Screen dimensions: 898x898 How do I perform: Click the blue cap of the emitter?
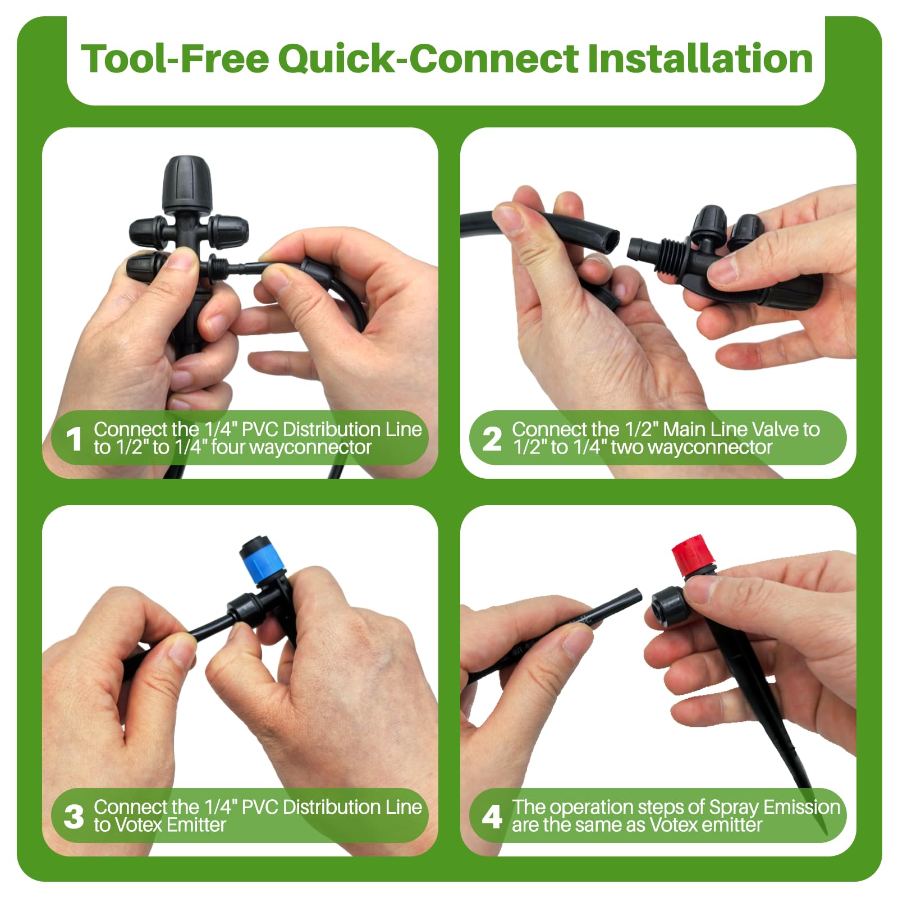tap(259, 561)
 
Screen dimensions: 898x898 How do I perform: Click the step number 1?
tap(74, 439)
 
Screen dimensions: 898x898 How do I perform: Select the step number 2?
tap(492, 439)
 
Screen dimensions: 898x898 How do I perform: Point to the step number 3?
tap(74, 817)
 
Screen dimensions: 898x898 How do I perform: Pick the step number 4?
tap(492, 817)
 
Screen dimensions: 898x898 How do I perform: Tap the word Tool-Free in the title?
tap(175, 58)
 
